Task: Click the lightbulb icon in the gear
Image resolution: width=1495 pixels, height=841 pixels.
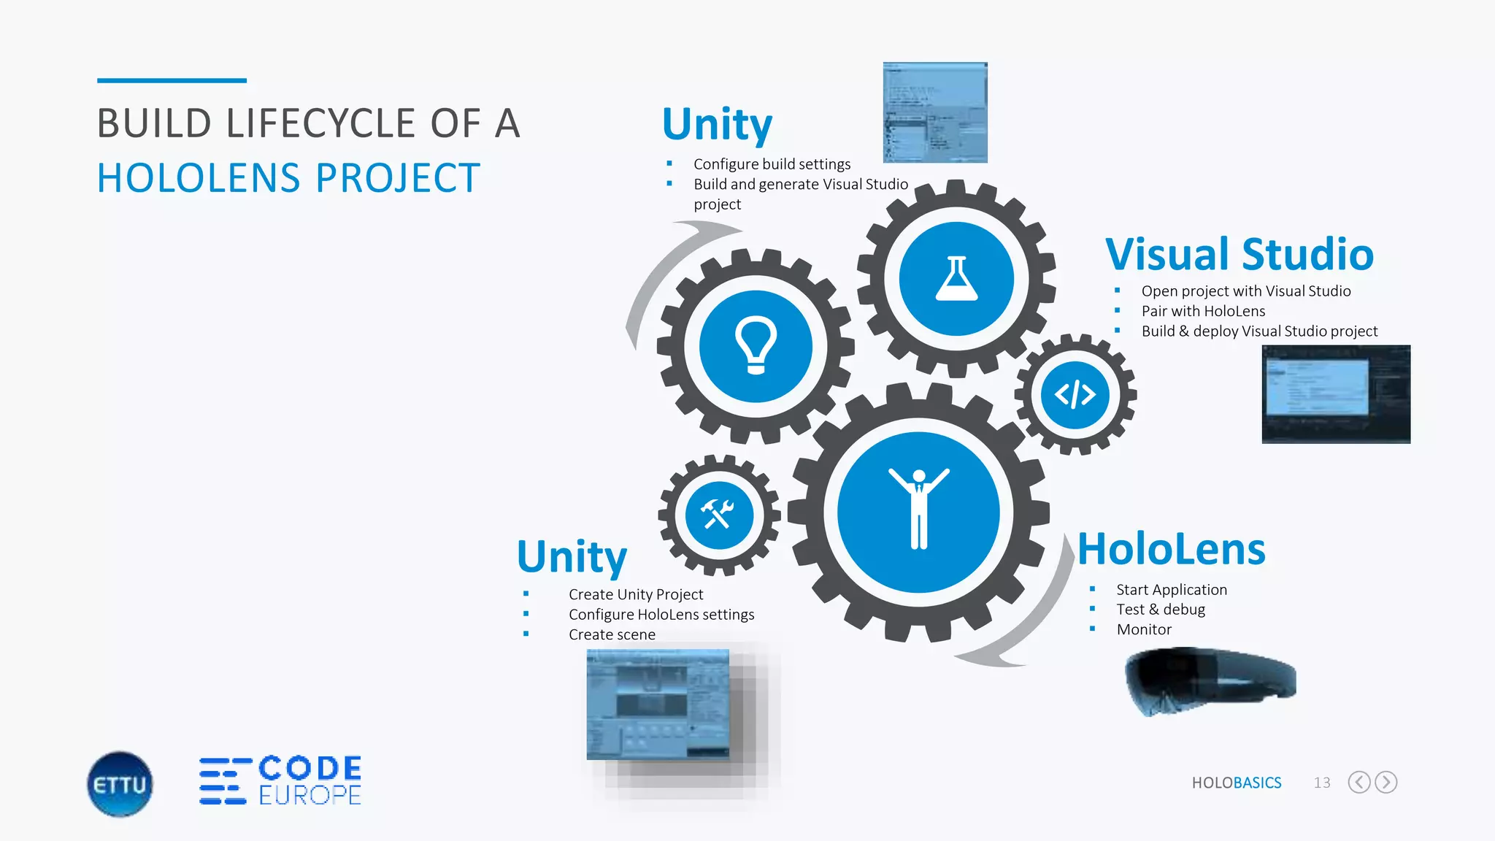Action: point(756,345)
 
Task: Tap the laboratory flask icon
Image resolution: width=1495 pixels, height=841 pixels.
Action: point(956,279)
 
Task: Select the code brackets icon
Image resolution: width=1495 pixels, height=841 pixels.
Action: point(1075,395)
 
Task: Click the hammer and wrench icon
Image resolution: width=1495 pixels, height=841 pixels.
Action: point(718,515)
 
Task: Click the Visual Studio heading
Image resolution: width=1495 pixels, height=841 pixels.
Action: point(1239,254)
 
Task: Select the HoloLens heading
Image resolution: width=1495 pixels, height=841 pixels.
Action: point(1171,549)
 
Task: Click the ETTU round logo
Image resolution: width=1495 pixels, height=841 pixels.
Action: point(120,784)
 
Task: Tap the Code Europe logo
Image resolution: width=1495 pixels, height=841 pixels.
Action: point(281,780)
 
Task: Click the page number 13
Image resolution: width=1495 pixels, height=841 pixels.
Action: point(1322,783)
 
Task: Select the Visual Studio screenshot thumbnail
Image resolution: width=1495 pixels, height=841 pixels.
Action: point(1336,394)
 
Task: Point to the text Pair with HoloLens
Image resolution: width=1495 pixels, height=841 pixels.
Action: point(1203,311)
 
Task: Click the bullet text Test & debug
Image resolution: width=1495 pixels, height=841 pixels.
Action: point(1160,610)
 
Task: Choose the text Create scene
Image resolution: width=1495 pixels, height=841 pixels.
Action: point(612,634)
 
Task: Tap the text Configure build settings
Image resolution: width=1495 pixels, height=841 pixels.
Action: point(772,164)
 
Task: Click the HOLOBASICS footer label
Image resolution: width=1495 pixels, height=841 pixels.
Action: point(1236,783)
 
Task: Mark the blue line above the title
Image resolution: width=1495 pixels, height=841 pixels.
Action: point(172,80)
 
